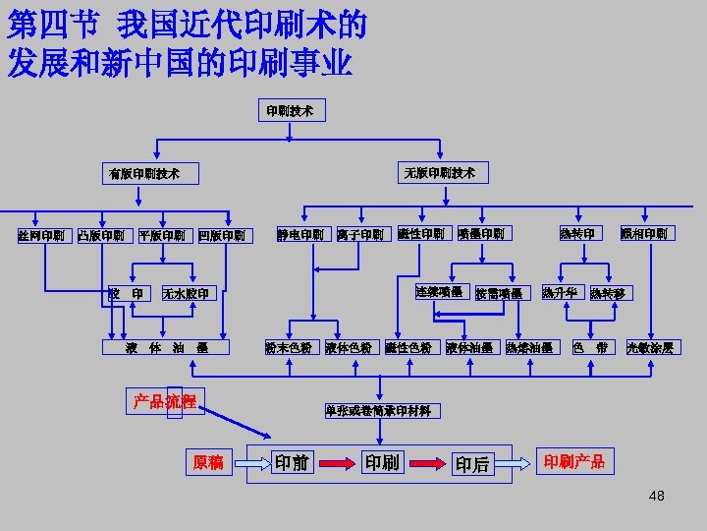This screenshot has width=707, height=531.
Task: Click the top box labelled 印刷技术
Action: pos(290,111)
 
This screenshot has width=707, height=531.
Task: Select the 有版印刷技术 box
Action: pos(144,174)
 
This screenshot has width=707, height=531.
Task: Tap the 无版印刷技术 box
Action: pos(439,173)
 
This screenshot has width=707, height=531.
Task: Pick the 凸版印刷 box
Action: pos(101,235)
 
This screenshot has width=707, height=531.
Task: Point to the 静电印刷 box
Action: pos(300,235)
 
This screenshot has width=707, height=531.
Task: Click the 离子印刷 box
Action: pos(360,235)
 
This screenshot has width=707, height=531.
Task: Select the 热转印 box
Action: pos(576,234)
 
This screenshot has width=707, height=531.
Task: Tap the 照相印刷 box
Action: pos(644,234)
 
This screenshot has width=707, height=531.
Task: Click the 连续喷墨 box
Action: pos(439,292)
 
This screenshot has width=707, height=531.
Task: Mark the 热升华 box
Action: pos(562,292)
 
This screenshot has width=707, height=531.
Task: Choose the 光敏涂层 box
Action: pos(649,347)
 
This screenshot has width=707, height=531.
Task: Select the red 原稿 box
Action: pos(208,462)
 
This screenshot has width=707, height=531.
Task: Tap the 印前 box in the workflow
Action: pos(292,461)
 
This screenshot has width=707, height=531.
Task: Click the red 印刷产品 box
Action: pos(574,461)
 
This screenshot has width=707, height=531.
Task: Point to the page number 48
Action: pos(656,496)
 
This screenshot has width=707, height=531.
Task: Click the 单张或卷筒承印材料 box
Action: pos(378,411)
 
